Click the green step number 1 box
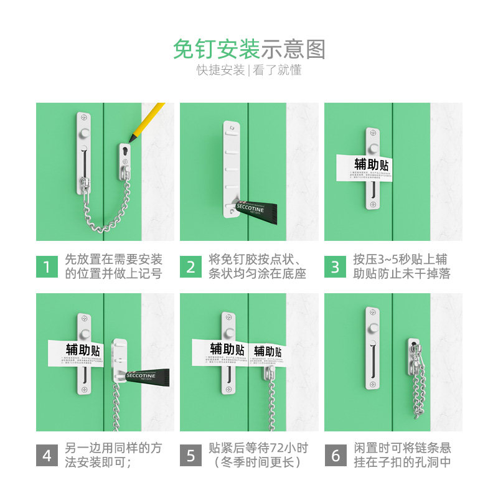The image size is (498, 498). [47, 267]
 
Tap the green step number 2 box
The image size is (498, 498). [191, 267]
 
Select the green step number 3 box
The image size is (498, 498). [336, 267]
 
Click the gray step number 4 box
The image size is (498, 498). [47, 455]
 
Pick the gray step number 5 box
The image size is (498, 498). [191, 455]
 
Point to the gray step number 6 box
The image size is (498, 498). [336, 455]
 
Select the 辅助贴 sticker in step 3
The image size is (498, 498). [363, 168]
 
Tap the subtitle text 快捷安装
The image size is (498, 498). [221, 70]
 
